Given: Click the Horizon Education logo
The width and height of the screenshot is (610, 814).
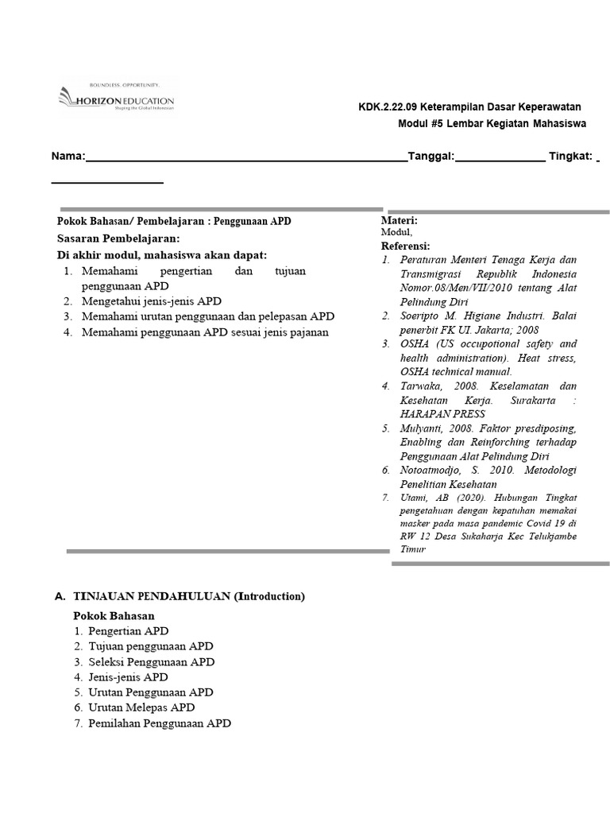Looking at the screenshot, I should (116, 99).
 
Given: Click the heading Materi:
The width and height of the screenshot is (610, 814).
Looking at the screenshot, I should (400, 220).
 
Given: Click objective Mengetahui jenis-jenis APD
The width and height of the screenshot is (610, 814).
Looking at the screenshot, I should (151, 301).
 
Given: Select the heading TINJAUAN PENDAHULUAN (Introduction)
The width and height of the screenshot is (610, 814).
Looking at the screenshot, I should (189, 596).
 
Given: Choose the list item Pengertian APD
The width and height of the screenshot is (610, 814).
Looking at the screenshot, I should (129, 631).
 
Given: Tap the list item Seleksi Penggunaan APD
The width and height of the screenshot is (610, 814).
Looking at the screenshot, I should (151, 661).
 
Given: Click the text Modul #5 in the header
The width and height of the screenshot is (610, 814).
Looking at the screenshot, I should (420, 124).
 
